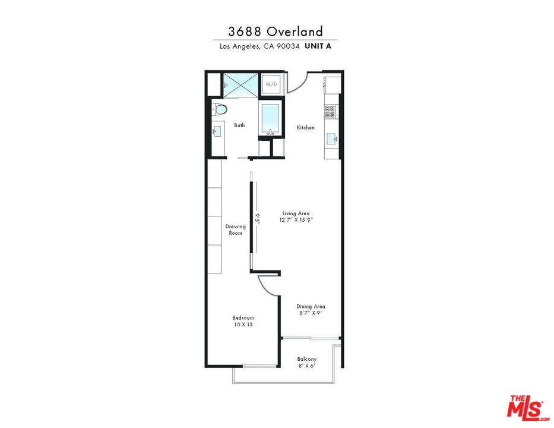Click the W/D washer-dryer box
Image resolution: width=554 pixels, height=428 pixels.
[271, 84]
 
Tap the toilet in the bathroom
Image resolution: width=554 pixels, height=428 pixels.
[220, 109]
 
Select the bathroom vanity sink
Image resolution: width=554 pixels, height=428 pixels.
[217, 130]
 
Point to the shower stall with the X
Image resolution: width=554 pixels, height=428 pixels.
[241, 85]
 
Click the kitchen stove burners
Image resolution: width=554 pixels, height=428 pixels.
[330, 111]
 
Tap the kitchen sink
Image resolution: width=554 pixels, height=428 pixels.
[331, 139]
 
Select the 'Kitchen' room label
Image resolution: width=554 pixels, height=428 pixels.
[306, 128]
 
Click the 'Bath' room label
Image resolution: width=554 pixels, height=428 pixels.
[239, 125]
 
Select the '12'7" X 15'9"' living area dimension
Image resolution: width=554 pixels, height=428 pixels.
[296, 220]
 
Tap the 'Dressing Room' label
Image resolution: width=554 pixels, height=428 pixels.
[236, 229]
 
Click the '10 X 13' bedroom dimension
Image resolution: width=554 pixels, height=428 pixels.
[243, 325]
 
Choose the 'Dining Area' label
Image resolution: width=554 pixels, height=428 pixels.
[311, 307]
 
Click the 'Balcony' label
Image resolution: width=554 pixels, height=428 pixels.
[307, 359]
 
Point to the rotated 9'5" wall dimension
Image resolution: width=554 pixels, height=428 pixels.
[258, 218]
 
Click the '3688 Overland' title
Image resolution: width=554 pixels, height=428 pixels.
[276, 31]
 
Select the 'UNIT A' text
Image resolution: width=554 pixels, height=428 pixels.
[318, 46]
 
